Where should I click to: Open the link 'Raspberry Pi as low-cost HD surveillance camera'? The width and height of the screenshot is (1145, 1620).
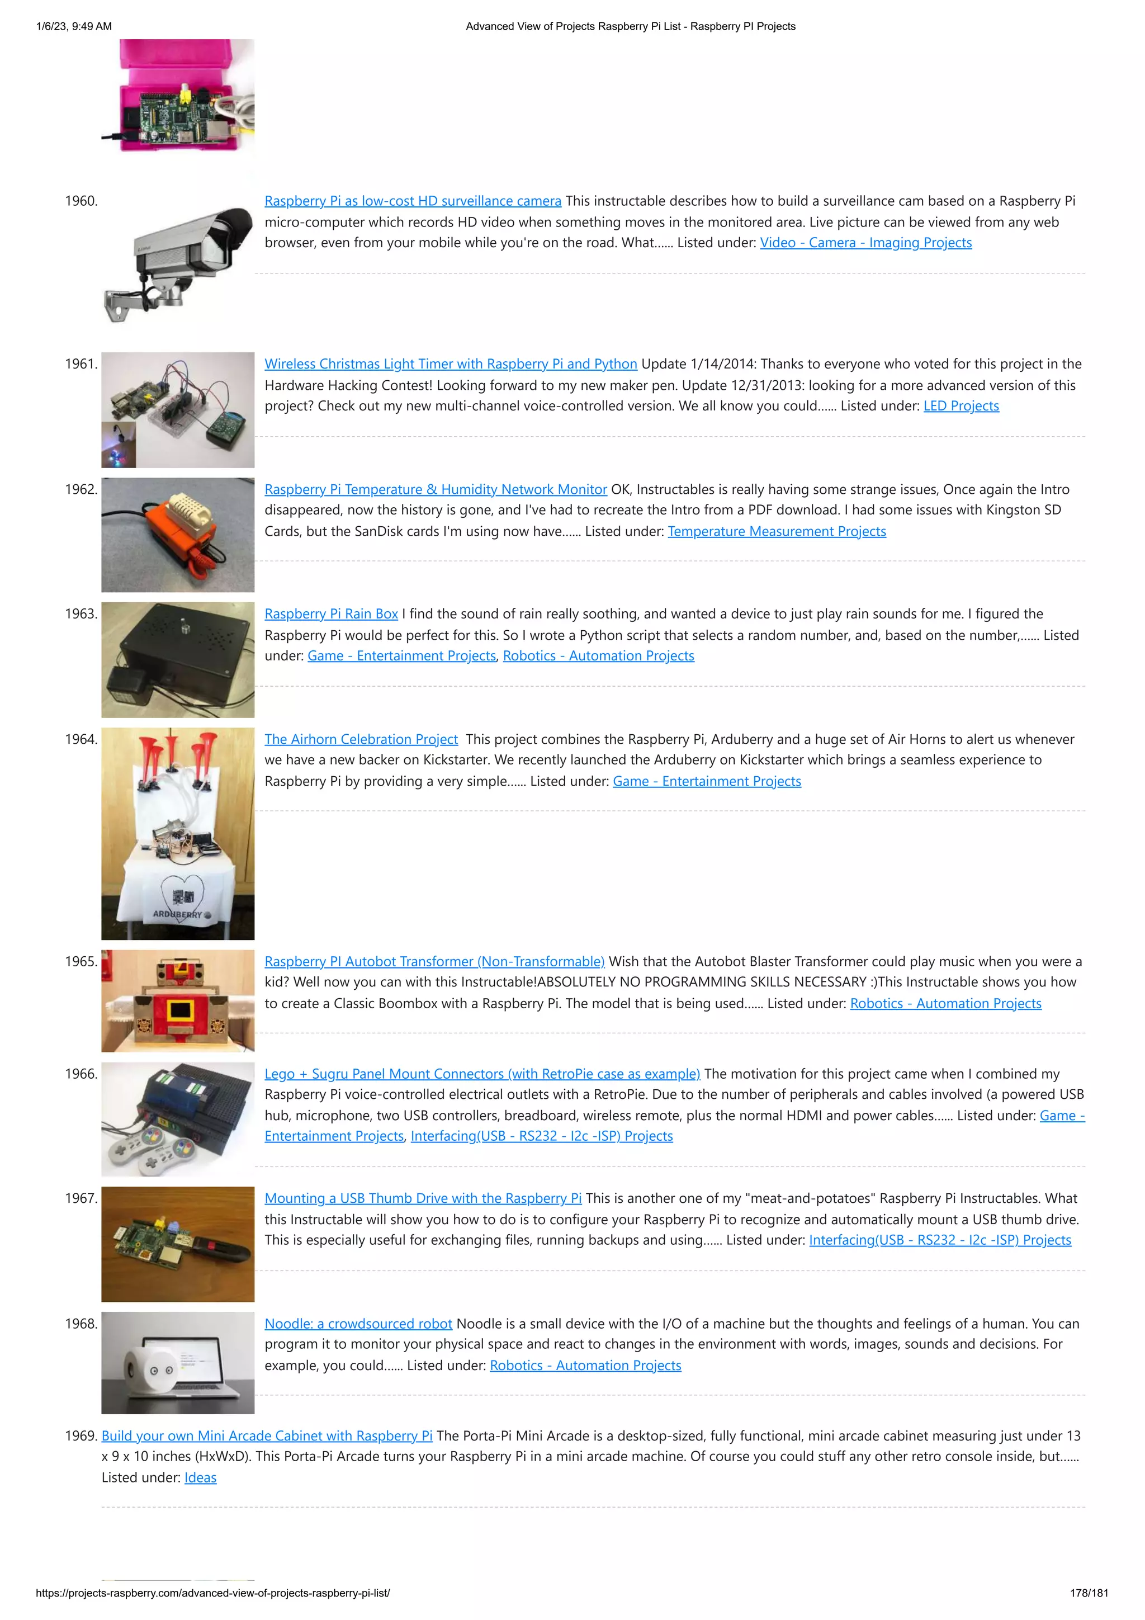click(413, 201)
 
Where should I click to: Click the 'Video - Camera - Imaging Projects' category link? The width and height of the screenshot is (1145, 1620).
click(865, 243)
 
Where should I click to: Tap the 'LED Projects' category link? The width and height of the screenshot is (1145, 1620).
click(961, 406)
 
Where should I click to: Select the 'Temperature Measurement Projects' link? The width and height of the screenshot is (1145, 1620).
click(777, 531)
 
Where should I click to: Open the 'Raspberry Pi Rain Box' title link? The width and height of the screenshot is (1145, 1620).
click(331, 614)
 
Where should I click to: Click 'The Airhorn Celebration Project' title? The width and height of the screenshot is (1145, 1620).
click(361, 739)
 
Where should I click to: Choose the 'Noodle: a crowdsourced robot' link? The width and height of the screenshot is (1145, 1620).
click(358, 1324)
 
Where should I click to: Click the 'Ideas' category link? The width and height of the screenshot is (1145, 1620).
click(200, 1477)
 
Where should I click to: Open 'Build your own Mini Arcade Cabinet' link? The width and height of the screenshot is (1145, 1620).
click(267, 1436)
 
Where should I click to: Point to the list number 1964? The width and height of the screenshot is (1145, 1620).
click(81, 739)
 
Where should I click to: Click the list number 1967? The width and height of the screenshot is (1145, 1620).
click(81, 1198)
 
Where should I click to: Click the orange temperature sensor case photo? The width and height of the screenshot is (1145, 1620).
click(178, 534)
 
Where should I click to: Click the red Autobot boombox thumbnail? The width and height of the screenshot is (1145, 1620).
click(178, 1000)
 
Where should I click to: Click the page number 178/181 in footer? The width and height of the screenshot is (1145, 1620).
click(1089, 1593)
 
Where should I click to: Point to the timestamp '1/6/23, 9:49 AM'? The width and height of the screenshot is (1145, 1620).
click(74, 27)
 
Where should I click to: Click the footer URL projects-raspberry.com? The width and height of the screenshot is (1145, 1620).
click(212, 1593)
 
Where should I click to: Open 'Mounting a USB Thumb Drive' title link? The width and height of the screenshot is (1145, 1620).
click(423, 1198)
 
